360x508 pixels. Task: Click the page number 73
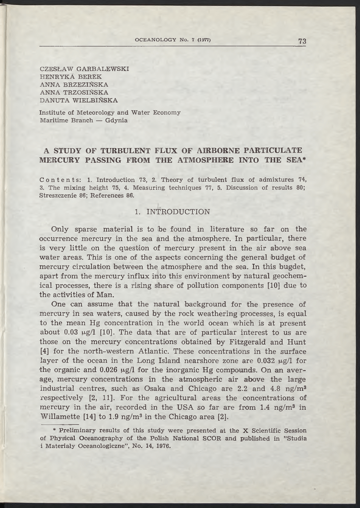pos(302,41)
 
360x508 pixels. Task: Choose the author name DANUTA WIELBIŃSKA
pos(78,100)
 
